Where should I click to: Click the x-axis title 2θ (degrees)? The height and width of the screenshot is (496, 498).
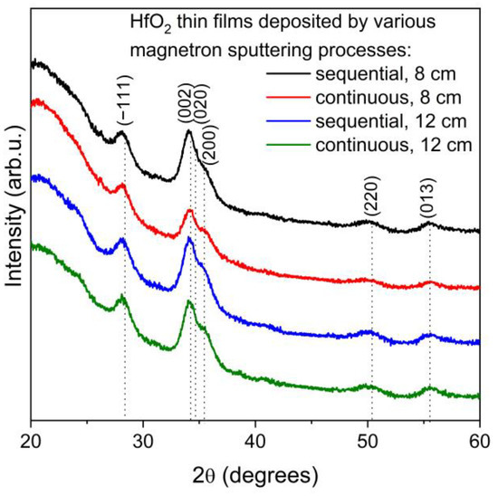(255, 473)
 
